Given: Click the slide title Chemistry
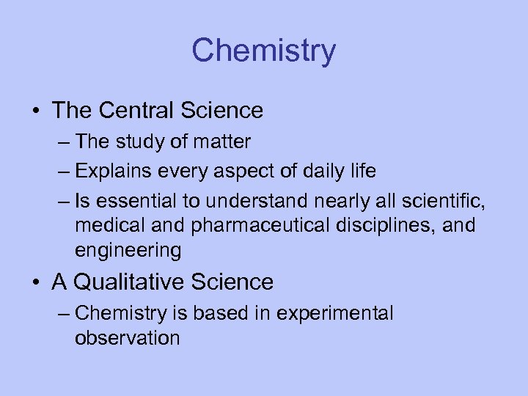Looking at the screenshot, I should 263,51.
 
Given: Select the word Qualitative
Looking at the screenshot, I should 137,281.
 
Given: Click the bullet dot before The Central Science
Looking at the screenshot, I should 36,111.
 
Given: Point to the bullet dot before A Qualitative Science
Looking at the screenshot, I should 36,282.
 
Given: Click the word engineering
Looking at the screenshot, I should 128,250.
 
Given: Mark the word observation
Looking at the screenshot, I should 127,338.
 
